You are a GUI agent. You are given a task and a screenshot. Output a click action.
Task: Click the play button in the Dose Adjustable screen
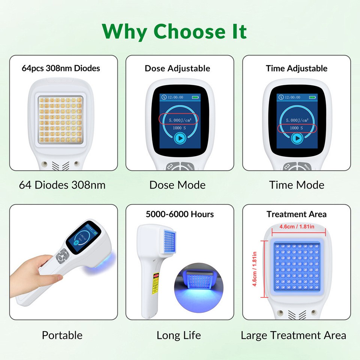point(179,138)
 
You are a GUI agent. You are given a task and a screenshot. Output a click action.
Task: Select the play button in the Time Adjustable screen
point(297,138)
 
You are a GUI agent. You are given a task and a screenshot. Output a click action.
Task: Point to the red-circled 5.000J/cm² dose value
point(179,120)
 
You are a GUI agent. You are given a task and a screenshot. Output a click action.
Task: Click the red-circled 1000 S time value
point(296,128)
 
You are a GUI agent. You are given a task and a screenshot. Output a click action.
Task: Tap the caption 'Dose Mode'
point(177,185)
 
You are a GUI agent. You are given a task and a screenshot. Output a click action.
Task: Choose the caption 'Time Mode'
point(296,185)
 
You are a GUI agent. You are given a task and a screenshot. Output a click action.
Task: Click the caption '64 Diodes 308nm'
point(62,185)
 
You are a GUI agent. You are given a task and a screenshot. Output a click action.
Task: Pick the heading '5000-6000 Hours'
point(180,214)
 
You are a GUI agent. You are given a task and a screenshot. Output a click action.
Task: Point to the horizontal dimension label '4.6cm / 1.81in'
point(296,227)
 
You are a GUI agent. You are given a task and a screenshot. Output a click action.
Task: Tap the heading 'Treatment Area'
point(296,214)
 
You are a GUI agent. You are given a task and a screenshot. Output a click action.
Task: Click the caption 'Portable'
point(62,335)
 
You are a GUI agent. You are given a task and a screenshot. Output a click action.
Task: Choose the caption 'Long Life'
point(178,335)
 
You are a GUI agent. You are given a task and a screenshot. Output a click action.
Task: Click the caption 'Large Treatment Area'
point(293,335)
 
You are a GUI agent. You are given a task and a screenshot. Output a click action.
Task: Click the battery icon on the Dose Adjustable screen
point(195,97)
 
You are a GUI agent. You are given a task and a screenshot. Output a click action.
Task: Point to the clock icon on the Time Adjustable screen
point(281,97)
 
